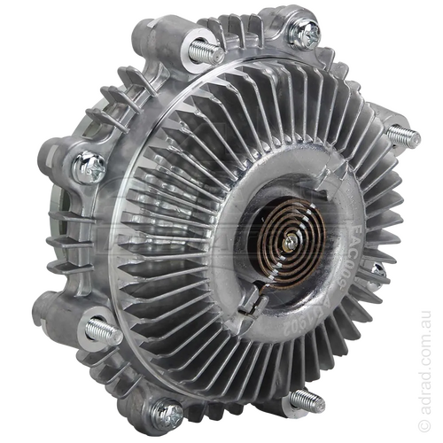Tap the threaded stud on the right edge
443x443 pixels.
(406, 135)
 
